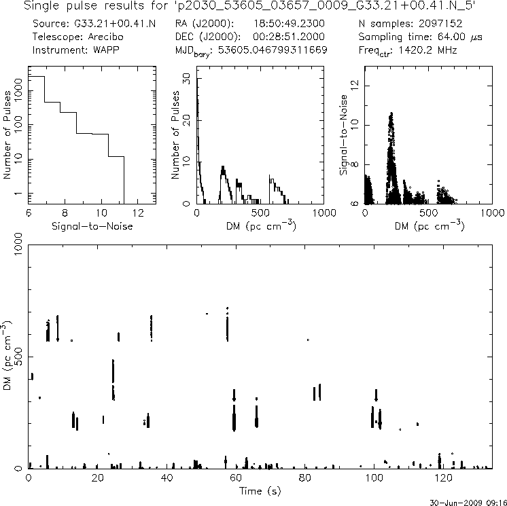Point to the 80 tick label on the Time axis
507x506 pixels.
coord(305,477)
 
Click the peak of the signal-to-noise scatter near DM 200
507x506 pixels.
coord(391,113)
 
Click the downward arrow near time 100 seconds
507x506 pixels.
coord(376,395)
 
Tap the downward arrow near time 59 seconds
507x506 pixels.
coord(234,395)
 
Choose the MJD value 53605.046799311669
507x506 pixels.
coord(281,50)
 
